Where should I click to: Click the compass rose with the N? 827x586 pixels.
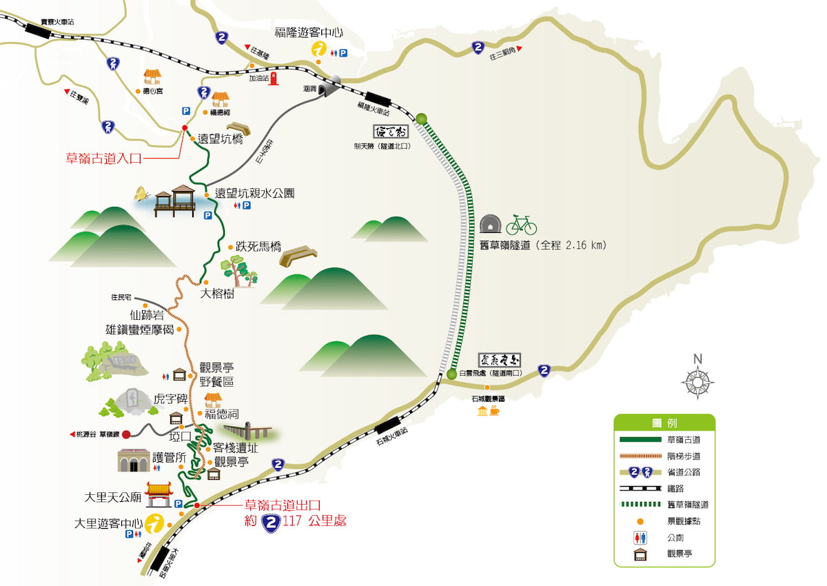pos(697,381)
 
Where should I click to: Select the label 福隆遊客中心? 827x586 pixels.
pos(309,32)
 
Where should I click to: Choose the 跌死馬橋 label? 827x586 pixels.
pos(258,246)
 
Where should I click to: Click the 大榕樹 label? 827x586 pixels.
pos(217,294)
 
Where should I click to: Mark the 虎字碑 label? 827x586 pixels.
pos(170,398)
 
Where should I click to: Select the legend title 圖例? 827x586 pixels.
pos(664,423)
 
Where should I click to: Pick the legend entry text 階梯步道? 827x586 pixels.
pos(684,456)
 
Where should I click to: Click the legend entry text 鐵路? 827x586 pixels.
pos(675,488)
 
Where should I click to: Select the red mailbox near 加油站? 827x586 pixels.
pos(274,78)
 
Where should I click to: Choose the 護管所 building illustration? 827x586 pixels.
pos(134,460)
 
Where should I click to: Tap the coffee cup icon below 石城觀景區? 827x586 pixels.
pos(494,411)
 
